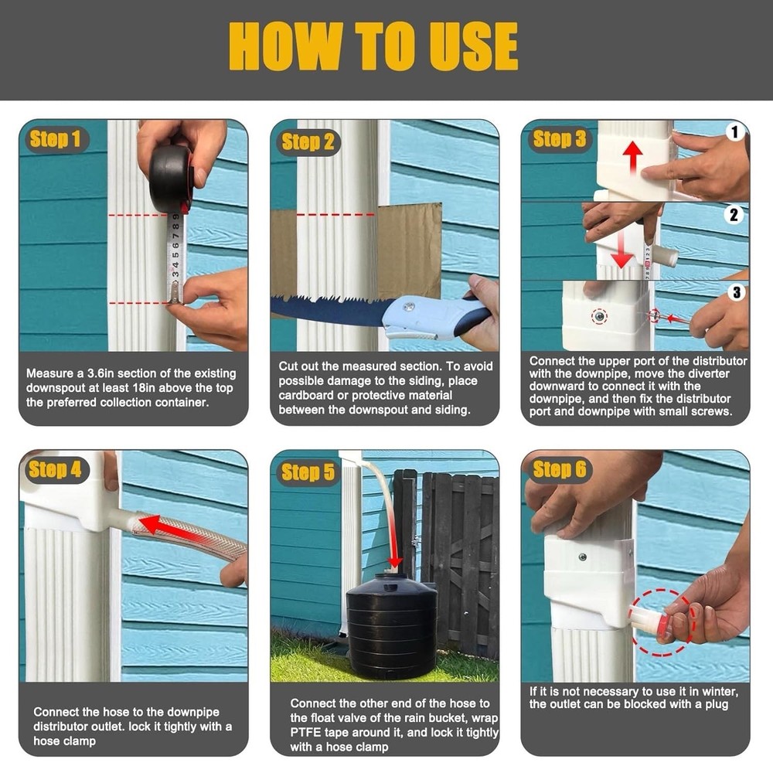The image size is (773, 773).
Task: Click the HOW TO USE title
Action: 373,47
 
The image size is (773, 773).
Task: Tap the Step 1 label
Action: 55,139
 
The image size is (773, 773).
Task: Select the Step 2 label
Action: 308,141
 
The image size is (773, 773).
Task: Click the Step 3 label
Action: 559,139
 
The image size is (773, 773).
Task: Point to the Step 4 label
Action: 55,469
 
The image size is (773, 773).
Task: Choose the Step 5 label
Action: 308,472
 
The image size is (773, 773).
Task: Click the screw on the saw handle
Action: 409,307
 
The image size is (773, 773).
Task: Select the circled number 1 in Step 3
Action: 734,132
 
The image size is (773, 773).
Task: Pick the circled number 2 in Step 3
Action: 734,215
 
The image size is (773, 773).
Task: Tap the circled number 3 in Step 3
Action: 734,292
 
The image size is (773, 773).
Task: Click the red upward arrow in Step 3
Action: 633,158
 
